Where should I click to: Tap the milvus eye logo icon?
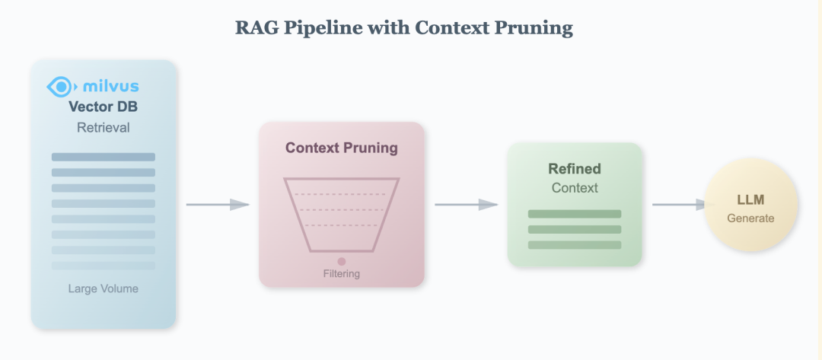pos(60,86)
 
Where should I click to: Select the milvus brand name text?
pos(110,86)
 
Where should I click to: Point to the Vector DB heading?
pos(103,107)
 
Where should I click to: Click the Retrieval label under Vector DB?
pos(103,127)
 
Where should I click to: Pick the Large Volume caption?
pos(103,288)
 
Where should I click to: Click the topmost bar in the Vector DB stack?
pos(103,157)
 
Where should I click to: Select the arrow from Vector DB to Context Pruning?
pos(218,204)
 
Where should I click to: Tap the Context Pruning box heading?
pos(341,148)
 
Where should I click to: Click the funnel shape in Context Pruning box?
pos(341,214)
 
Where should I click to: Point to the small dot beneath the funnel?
pos(342,261)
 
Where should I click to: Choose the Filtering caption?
pos(341,273)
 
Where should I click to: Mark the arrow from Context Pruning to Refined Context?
pos(466,204)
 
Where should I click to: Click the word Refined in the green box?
pos(575,169)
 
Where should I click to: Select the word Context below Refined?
pos(575,187)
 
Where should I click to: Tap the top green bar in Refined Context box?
pos(575,214)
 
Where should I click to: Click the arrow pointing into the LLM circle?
pos(680,204)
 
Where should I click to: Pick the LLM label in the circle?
pos(750,200)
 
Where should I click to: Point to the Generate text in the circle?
pos(750,218)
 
